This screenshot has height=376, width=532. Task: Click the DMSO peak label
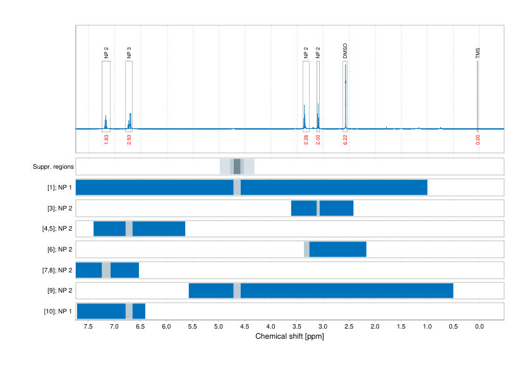345,51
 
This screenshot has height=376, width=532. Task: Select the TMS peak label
478,53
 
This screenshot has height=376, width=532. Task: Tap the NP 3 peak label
129,53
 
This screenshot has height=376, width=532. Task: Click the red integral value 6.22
345,140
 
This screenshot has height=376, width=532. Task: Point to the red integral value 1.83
106,140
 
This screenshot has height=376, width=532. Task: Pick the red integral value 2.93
129,140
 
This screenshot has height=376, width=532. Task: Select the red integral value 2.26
306,140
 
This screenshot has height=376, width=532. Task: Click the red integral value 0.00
478,140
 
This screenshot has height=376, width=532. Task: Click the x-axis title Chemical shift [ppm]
289,336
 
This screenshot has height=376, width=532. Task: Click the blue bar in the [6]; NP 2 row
338,250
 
